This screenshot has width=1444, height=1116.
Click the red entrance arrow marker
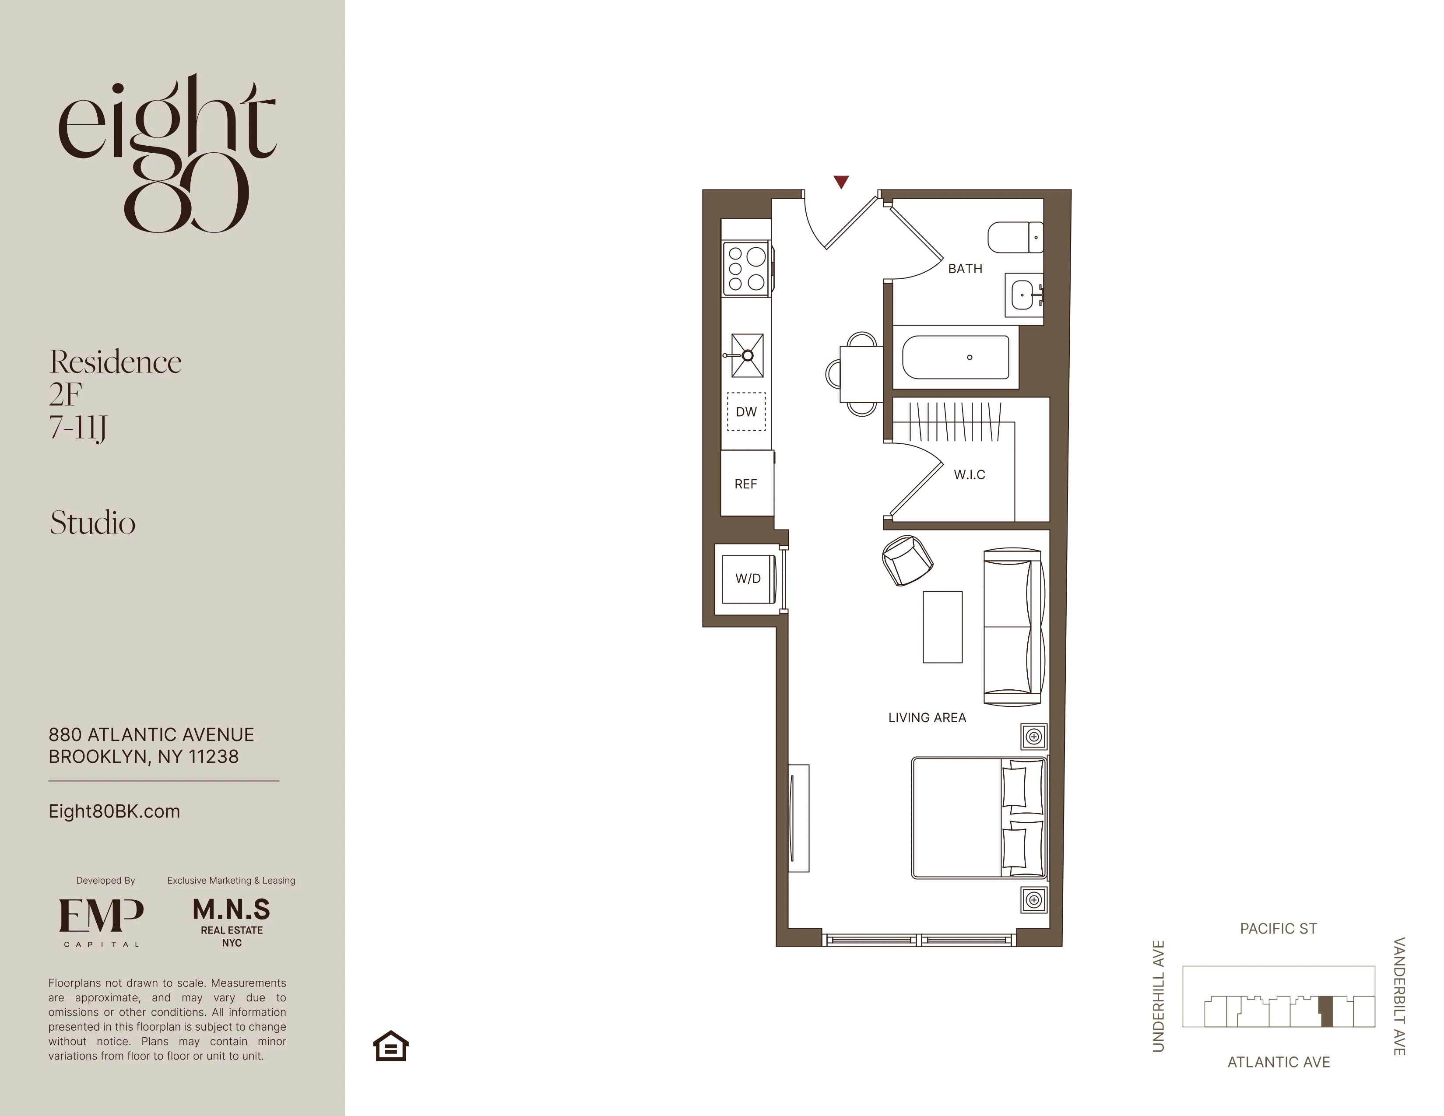(841, 182)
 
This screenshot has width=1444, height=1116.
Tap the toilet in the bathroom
(1015, 237)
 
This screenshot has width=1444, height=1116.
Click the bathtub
(956, 358)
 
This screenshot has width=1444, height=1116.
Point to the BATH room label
(965, 268)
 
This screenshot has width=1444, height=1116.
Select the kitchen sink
(747, 355)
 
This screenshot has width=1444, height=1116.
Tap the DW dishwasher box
(746, 411)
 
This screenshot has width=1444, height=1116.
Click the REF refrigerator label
(746, 484)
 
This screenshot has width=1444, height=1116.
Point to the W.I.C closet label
(969, 475)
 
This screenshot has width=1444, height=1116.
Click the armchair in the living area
(907, 560)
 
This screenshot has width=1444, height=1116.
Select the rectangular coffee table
(942, 627)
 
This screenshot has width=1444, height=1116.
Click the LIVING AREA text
(927, 717)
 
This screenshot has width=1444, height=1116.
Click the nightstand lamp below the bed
(1034, 900)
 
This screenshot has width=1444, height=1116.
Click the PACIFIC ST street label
(1278, 929)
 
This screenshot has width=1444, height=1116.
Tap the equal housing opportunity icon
(391, 1046)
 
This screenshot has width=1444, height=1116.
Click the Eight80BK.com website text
(114, 811)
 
